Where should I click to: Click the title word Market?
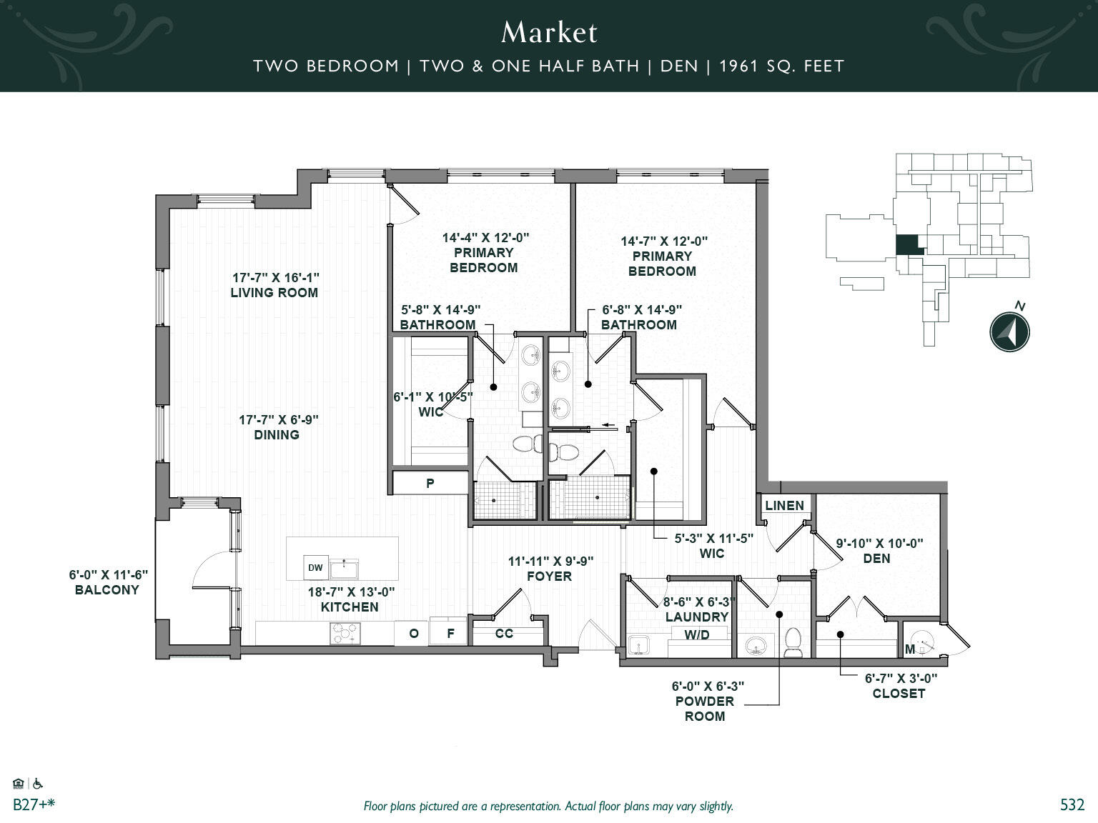pos(549,32)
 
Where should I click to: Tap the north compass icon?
pos(1009,331)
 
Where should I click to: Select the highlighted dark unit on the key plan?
pos(909,245)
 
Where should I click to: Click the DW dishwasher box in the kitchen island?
pos(315,568)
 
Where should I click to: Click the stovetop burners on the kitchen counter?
pos(345,633)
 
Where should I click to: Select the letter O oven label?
pos(413,633)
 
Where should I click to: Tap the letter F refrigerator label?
pos(450,633)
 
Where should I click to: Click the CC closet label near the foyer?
pos(504,633)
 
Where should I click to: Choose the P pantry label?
pos(430,483)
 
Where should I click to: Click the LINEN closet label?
pos(784,505)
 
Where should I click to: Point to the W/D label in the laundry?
pos(697,634)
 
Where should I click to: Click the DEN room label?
pos(876,558)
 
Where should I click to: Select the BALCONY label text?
pos(107,589)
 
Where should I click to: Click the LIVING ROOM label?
pos(274,292)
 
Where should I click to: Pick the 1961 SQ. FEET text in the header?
pos(781,66)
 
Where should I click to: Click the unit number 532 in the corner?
pos(1072,804)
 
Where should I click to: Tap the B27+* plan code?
pos(34,804)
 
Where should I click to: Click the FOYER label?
pos(549,576)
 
